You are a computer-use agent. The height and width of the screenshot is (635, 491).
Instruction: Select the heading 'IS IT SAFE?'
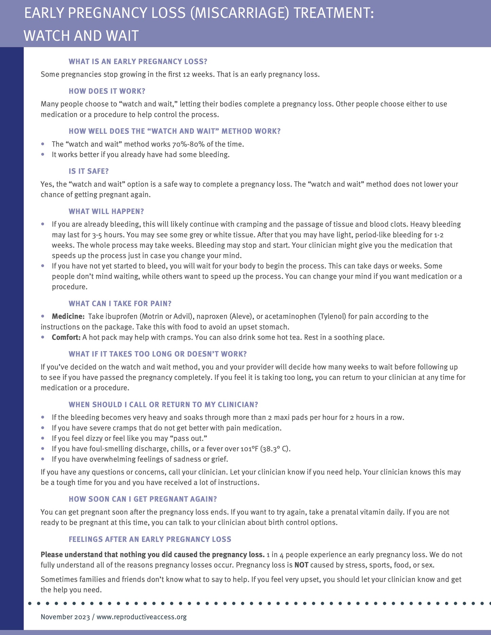coord(89,171)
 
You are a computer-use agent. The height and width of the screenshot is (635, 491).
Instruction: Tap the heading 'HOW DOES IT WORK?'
coord(107,91)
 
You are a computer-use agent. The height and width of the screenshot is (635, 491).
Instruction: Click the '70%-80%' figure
coord(188,144)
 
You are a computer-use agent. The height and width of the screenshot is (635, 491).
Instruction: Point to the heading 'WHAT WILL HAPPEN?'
coord(106,211)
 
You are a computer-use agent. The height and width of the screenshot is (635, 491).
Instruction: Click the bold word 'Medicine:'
coord(68,316)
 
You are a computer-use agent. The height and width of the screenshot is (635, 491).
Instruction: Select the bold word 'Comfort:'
coord(66,337)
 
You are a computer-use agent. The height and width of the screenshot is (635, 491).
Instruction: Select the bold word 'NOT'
coord(301,565)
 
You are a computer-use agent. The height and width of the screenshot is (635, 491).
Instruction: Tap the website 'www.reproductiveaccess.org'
coord(141,617)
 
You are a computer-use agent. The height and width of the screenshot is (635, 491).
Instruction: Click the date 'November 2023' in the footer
coord(65,617)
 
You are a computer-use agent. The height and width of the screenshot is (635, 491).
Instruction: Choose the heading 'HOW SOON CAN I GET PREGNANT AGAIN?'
coord(143,499)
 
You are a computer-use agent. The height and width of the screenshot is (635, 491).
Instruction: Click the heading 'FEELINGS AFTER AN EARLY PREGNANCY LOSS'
coord(150,539)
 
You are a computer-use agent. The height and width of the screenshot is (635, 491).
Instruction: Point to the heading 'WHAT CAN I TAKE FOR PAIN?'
coord(120,303)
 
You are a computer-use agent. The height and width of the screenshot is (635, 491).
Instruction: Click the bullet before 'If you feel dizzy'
coord(43,438)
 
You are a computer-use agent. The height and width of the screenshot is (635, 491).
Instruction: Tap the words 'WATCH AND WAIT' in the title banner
coord(81,36)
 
